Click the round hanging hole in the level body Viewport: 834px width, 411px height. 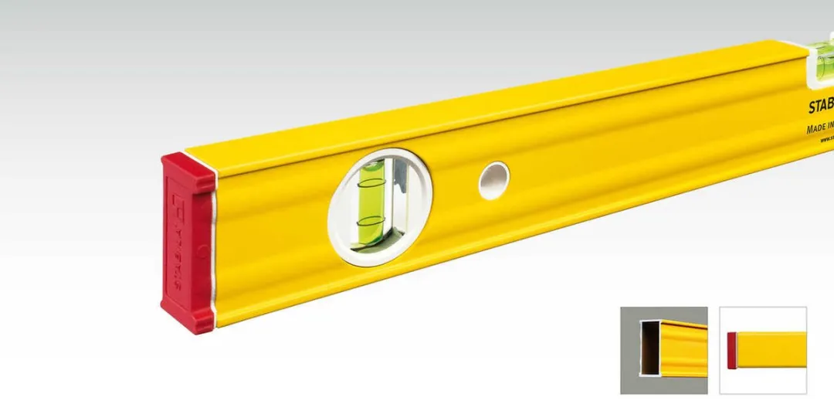click(x=493, y=181)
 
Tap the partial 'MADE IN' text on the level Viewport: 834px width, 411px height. click(x=819, y=128)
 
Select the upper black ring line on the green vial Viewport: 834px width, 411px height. click(x=372, y=184)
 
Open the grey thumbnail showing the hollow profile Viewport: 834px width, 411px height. click(x=663, y=350)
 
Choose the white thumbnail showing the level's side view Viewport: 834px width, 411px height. click(x=763, y=350)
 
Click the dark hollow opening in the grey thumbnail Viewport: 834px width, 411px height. click(x=649, y=349)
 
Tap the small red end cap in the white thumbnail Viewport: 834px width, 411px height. click(x=732, y=350)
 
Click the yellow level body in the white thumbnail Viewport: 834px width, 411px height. click(x=772, y=350)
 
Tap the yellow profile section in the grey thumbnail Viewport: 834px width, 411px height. click(x=683, y=348)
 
